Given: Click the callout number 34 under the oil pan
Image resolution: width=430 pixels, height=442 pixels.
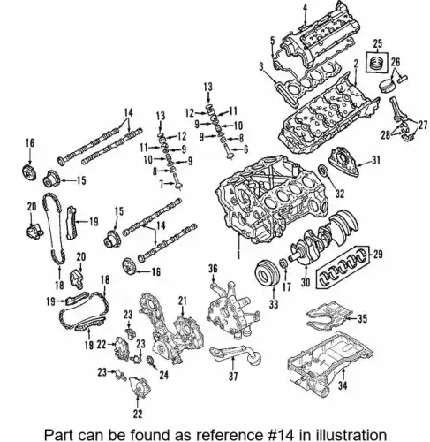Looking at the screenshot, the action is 343,385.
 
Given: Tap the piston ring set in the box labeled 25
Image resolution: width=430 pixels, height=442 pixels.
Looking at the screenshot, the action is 377,62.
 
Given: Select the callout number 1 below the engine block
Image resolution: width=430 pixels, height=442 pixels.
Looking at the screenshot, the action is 239,254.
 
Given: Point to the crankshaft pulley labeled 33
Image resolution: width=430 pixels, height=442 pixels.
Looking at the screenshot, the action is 266,274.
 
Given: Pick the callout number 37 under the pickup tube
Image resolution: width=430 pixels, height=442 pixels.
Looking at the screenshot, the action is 233,377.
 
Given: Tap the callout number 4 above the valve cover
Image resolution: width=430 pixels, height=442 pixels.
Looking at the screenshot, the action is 306,6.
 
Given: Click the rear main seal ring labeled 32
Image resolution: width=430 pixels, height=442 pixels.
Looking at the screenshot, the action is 323,171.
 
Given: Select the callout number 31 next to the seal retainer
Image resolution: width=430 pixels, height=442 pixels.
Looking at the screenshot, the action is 375,160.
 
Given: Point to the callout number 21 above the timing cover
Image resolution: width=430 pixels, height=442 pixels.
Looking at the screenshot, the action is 183,301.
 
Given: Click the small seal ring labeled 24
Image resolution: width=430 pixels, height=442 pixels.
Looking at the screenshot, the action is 150,360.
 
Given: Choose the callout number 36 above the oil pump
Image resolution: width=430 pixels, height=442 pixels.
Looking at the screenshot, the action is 213,269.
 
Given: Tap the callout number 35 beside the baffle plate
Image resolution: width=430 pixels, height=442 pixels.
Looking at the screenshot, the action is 362,318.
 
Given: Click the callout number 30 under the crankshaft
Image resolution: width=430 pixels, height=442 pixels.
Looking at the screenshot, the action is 306,282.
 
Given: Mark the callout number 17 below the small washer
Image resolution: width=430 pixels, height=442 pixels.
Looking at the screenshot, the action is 286,286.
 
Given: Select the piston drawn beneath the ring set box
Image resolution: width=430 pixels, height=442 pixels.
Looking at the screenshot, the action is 387,86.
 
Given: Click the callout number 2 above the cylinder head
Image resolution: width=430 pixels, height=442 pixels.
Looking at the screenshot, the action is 356,64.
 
